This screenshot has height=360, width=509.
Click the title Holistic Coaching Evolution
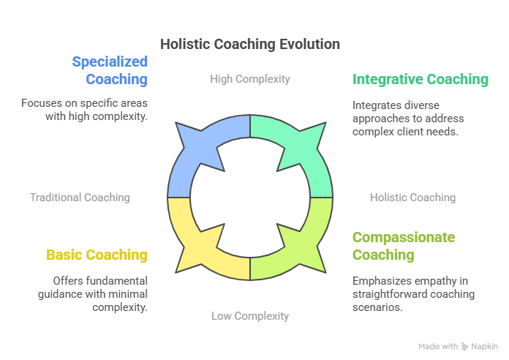[x=250, y=44]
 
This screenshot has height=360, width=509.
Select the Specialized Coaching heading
[x=110, y=70]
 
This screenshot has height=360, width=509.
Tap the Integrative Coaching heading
[x=421, y=79]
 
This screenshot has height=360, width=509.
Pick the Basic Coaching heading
[x=97, y=255]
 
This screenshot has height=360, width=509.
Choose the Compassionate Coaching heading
[x=404, y=246]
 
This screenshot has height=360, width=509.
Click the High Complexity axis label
[x=250, y=79]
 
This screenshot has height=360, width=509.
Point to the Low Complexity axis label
[x=250, y=316]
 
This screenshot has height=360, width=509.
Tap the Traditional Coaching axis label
[x=80, y=198]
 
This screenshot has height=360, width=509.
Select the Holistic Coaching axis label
[x=412, y=198]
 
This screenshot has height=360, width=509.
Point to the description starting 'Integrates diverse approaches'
[x=408, y=119]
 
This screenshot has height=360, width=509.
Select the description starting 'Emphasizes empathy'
[x=413, y=294]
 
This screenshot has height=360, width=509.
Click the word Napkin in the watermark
[x=485, y=346]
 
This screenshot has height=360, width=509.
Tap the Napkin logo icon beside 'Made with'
[x=466, y=346]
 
